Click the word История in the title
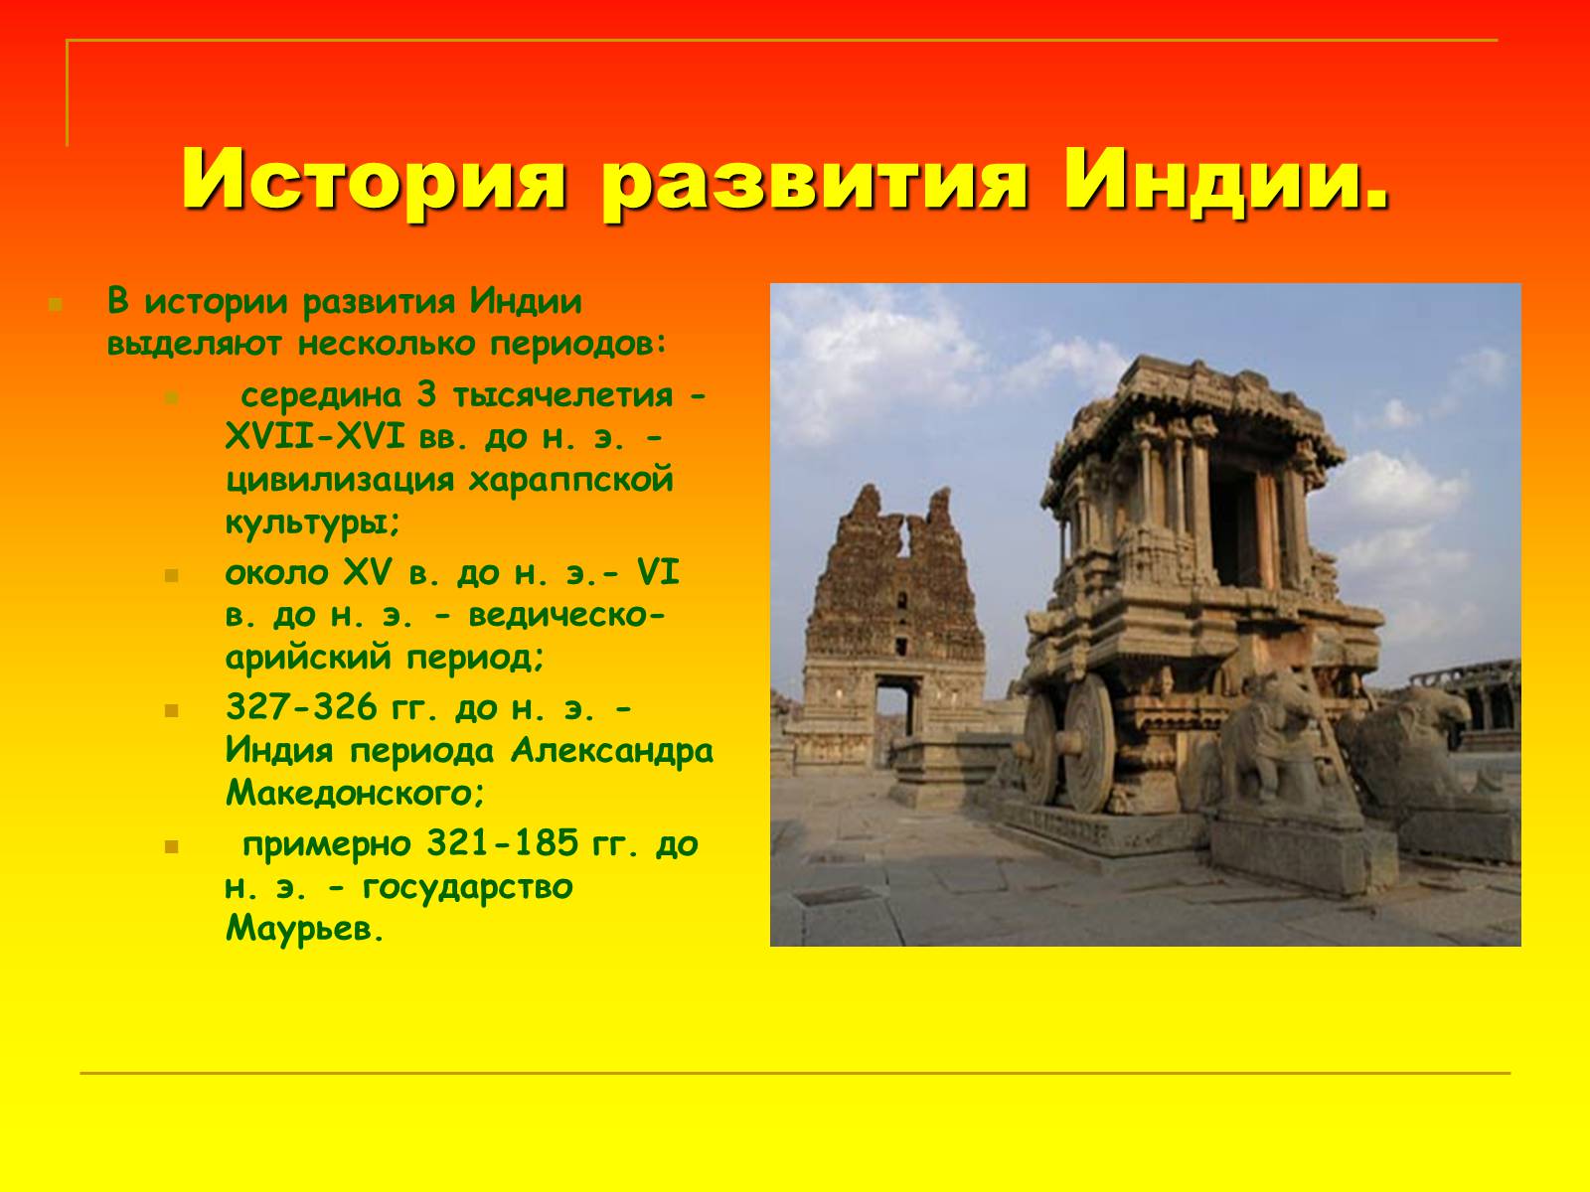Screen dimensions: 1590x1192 pos(373,180)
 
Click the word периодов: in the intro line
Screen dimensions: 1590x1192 pos(577,344)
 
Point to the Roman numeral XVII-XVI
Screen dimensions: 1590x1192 pos(315,437)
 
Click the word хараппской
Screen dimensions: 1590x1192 pos(570,482)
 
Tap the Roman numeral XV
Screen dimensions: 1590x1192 pos(367,573)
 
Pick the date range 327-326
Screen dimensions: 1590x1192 pos(301,707)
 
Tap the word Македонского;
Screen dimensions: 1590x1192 pos(355,794)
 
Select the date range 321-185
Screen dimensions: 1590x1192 pos(503,843)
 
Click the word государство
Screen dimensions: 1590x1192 pos(467,887)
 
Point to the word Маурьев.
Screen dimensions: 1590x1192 pos(304,930)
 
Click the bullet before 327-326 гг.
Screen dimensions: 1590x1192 pos(172,710)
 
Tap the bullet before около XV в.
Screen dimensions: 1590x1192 pos(172,576)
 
